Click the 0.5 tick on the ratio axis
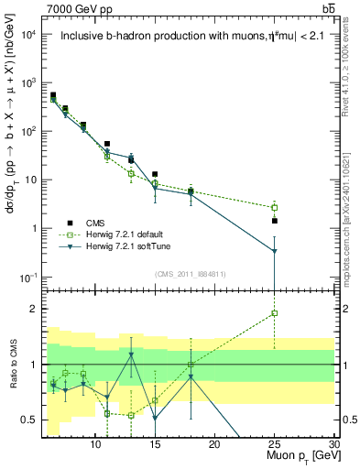coord(32,420)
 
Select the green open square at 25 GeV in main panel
coord(275,207)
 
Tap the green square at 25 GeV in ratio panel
coord(275,313)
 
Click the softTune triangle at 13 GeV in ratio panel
coord(131,354)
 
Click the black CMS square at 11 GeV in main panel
coord(107,144)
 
